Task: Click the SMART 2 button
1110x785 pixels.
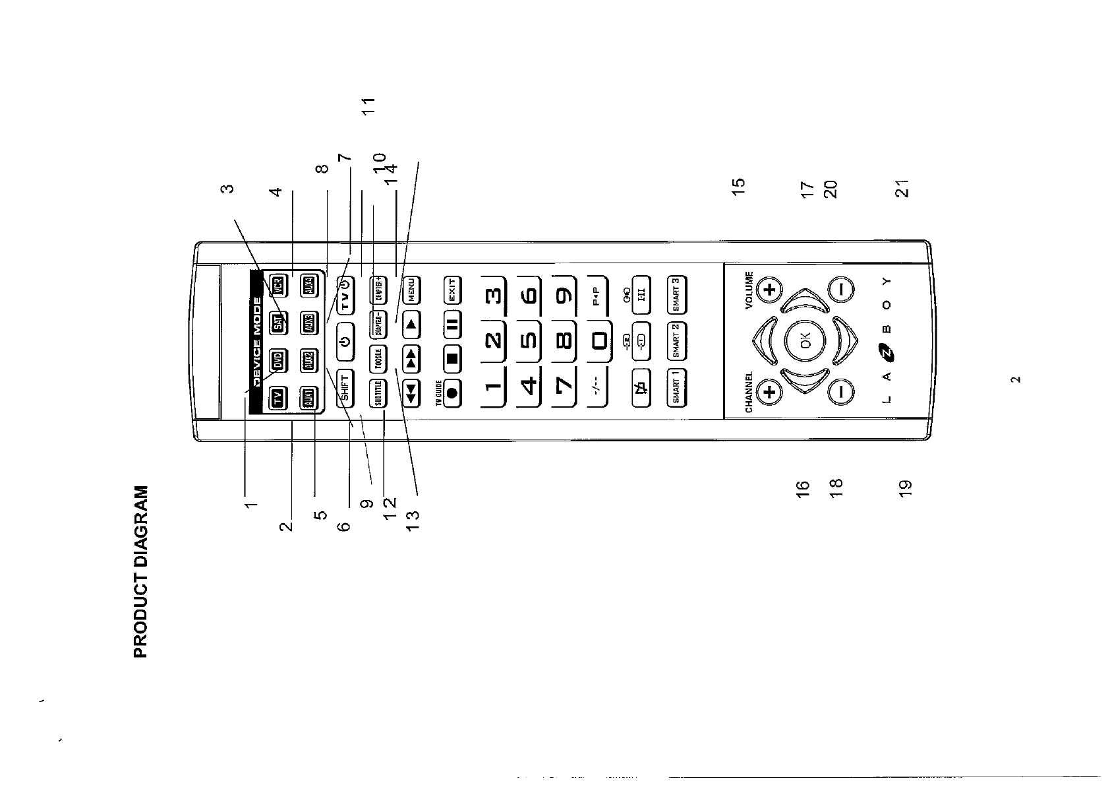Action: [x=677, y=341]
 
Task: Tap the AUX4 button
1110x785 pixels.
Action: [x=309, y=286]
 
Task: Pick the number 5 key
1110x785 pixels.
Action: [x=529, y=342]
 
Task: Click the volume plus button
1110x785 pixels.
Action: [x=770, y=289]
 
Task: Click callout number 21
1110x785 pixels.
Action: [x=902, y=188]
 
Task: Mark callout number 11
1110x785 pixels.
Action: [x=369, y=106]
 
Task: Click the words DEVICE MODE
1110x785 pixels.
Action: [x=258, y=343]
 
